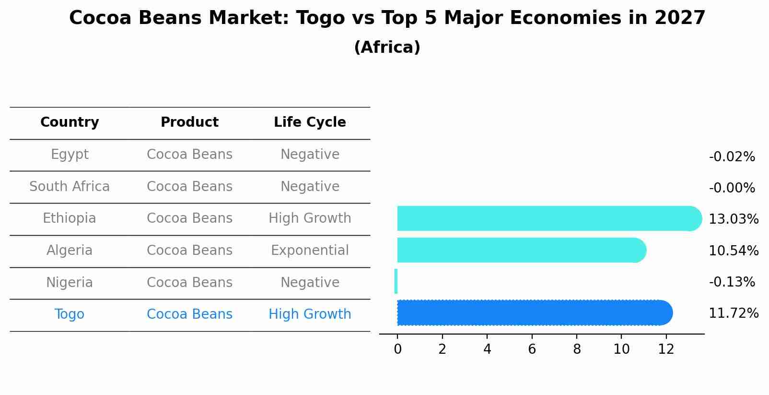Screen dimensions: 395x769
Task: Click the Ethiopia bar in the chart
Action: tap(547, 218)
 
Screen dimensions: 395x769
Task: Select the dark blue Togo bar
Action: tap(532, 313)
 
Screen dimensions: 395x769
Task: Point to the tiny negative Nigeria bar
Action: tap(396, 281)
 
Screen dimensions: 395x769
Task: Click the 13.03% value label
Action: tap(733, 219)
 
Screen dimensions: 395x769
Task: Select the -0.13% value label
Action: tap(732, 282)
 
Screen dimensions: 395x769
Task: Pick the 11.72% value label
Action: tap(733, 313)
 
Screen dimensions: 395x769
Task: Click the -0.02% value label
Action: tap(732, 157)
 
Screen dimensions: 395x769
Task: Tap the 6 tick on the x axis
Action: tap(532, 349)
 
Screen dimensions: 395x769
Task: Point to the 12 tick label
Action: tap(666, 349)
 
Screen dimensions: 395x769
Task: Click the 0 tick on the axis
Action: tap(397, 349)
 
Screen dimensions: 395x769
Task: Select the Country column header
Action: tap(70, 122)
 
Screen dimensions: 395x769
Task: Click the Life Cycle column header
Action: tap(310, 122)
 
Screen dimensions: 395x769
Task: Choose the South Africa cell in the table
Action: tap(70, 187)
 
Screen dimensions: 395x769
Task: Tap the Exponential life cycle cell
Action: tap(310, 251)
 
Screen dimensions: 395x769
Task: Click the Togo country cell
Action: tap(70, 314)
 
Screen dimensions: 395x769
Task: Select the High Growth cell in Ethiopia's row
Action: tap(310, 218)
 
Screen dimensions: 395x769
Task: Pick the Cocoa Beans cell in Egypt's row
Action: tap(189, 155)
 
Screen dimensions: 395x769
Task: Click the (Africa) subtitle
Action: tap(387, 48)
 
